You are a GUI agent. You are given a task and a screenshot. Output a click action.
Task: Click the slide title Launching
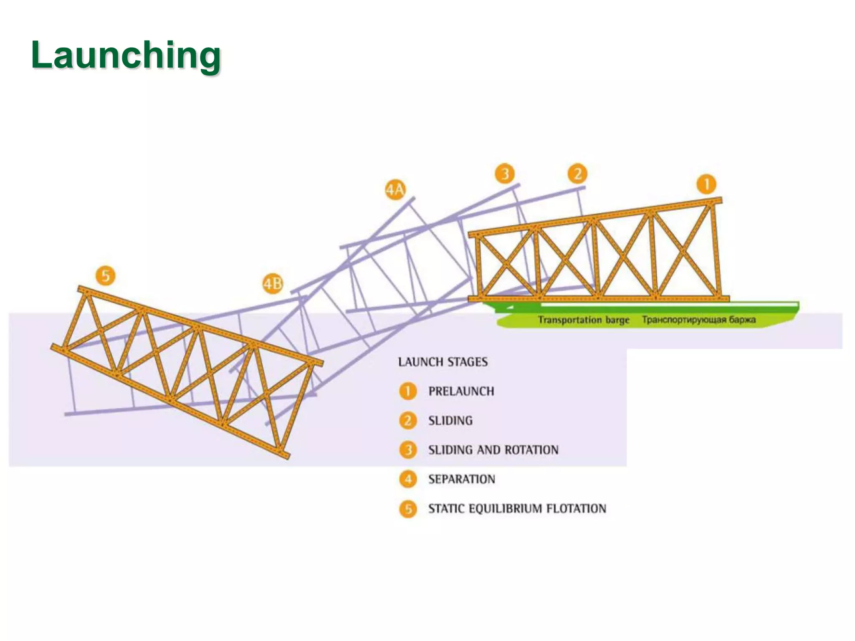pos(126,55)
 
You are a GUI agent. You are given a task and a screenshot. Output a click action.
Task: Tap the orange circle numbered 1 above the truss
pos(706,184)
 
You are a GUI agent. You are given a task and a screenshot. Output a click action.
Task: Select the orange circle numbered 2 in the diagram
pos(577,174)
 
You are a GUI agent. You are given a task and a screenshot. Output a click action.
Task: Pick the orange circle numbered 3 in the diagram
pos(505,173)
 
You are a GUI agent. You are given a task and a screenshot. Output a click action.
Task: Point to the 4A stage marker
pos(395,190)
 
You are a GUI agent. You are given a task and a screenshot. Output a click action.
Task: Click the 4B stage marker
pos(272,284)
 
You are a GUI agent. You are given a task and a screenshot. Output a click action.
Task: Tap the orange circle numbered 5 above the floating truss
pos(106,276)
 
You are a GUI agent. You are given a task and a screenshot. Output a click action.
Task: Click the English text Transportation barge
pos(583,320)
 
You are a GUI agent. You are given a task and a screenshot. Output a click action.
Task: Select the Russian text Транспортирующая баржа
pos(698,320)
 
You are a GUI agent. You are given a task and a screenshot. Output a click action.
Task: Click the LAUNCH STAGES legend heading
pos(443,362)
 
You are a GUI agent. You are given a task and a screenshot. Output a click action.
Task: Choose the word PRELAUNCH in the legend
pos(461,391)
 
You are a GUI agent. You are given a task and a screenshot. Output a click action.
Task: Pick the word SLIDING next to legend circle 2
pos(450,421)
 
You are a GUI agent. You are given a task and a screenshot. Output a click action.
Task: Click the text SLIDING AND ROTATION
pos(493,450)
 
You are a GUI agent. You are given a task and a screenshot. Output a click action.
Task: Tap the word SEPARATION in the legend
pos(461,479)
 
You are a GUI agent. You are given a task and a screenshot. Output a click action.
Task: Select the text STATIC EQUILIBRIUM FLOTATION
pos(517,509)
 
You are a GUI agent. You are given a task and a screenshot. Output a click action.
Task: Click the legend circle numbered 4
pos(408,479)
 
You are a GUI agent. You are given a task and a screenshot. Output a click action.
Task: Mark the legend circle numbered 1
pos(408,391)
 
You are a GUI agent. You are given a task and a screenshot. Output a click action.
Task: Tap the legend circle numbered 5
pos(408,509)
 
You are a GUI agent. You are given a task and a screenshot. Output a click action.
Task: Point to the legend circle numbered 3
pos(408,450)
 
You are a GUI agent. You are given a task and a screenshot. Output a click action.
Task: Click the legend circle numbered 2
pos(408,421)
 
